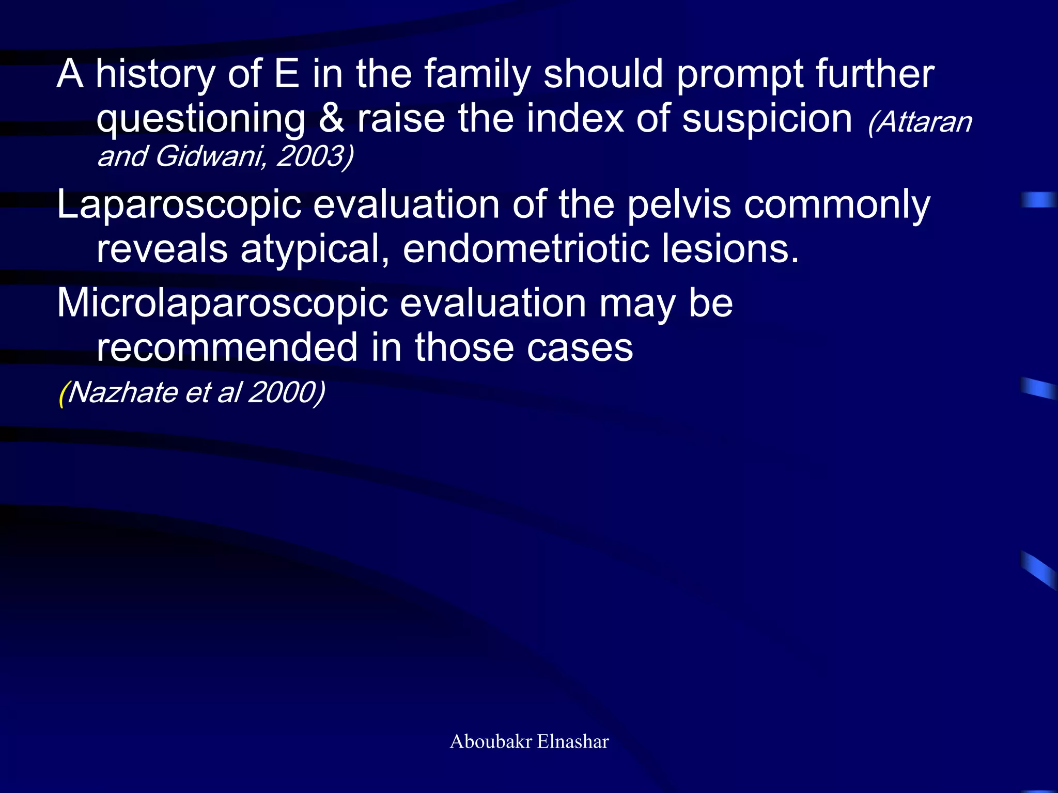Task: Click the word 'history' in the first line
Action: point(155,75)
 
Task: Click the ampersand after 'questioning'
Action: point(331,119)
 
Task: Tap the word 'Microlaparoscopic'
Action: point(222,304)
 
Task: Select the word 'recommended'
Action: point(227,347)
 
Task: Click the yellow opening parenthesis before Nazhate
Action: point(62,393)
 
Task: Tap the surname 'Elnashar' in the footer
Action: point(573,741)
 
